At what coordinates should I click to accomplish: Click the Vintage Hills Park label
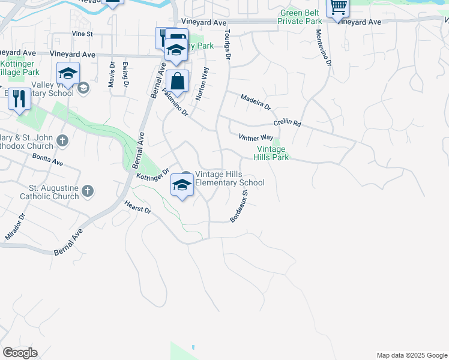tap(273, 153)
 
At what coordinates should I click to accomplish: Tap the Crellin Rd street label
tap(287, 122)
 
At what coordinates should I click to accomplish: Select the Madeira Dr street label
tap(256, 101)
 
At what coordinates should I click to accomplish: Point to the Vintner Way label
tap(256, 138)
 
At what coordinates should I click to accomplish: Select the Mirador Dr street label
tap(15, 227)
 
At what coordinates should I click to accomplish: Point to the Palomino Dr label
tap(175, 103)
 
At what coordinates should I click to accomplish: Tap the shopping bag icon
tap(178, 80)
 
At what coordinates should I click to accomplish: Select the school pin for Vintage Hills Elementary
tap(182, 184)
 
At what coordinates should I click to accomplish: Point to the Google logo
tap(20, 353)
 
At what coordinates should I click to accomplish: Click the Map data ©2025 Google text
tap(411, 355)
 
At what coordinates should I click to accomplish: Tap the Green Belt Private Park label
tap(300, 16)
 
